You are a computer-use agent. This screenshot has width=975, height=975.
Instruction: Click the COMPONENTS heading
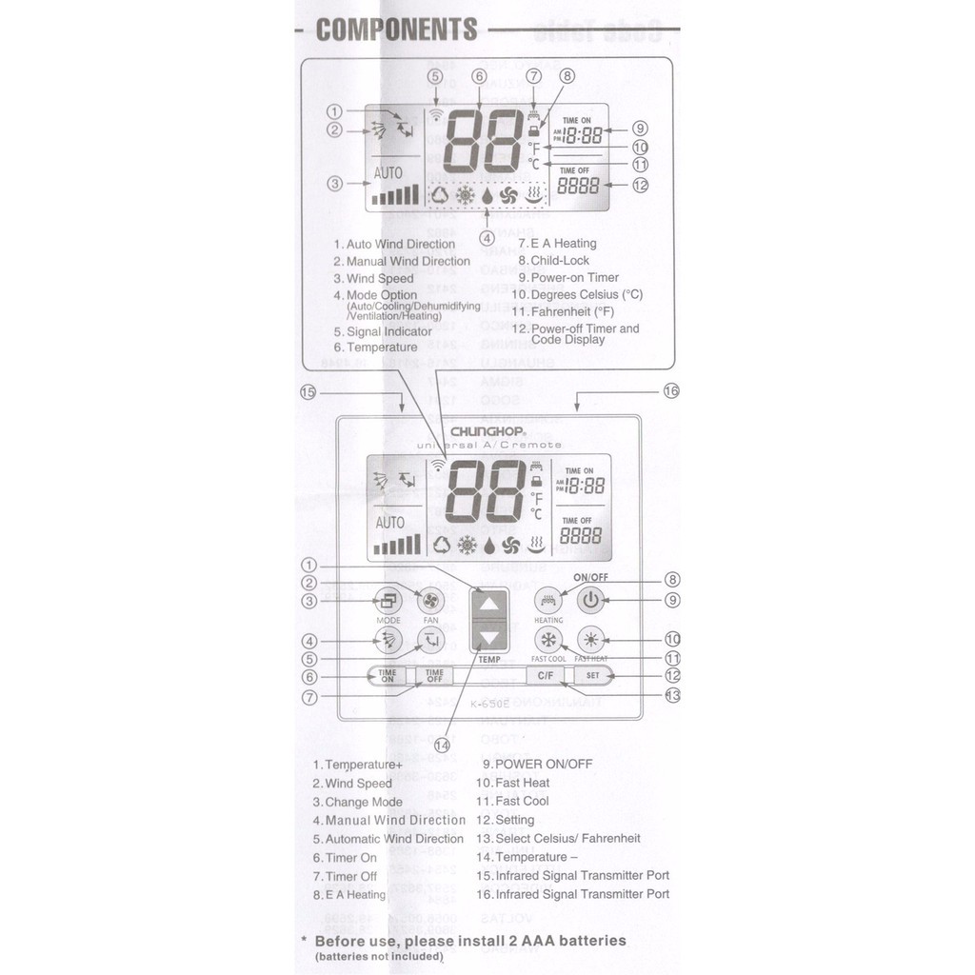396,30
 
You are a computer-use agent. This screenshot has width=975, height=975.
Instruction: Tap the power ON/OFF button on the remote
591,600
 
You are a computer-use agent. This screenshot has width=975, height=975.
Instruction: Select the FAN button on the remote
430,601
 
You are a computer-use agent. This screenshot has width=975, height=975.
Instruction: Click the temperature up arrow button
489,604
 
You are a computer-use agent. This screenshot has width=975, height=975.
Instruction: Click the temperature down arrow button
489,638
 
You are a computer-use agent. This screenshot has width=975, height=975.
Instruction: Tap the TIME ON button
388,676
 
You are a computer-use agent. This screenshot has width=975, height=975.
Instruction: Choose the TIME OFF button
434,676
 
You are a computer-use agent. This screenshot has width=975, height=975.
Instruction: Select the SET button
592,676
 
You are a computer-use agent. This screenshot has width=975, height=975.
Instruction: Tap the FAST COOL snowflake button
548,639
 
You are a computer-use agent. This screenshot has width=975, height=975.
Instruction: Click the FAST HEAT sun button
591,639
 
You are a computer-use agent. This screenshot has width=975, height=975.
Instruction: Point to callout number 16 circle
670,391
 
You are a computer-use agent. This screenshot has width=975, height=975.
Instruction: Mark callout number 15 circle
307,391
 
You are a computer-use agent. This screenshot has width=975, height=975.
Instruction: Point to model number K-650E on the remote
490,704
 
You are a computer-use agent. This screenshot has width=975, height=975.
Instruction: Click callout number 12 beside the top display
640,186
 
